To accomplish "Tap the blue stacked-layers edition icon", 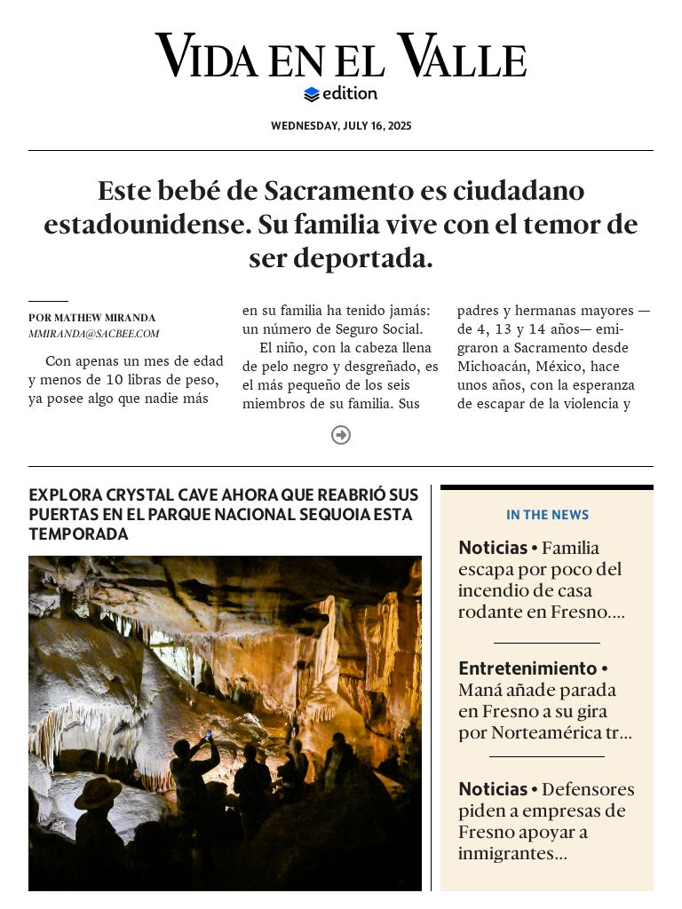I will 311,94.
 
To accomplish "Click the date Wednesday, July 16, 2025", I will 341,126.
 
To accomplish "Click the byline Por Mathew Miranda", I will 91,318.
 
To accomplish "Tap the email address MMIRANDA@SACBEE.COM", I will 93,334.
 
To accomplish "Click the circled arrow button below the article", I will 341,435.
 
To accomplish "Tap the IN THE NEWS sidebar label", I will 547,515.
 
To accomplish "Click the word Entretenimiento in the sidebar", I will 527,668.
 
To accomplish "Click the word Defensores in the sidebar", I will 588,789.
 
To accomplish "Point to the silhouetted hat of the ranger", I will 98,790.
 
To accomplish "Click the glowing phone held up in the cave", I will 209,736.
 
